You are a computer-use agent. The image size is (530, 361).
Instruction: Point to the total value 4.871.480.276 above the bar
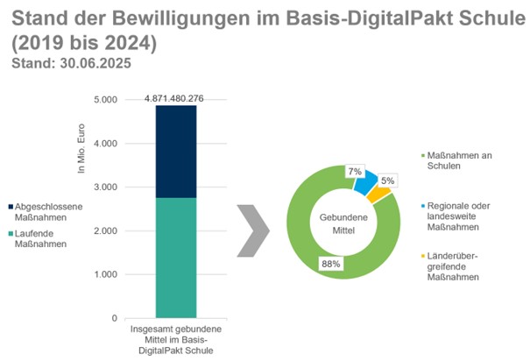[x=174, y=98]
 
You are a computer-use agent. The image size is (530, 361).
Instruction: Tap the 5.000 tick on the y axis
[x=104, y=100]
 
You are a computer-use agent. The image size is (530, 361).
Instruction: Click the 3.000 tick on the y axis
[x=104, y=188]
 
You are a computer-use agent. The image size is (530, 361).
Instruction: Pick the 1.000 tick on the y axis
[x=104, y=274]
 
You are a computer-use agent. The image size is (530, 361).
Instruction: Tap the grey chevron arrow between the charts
[x=253, y=231]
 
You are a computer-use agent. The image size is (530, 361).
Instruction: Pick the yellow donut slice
[x=378, y=193]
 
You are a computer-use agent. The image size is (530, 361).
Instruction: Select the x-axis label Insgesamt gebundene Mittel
[x=176, y=336]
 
